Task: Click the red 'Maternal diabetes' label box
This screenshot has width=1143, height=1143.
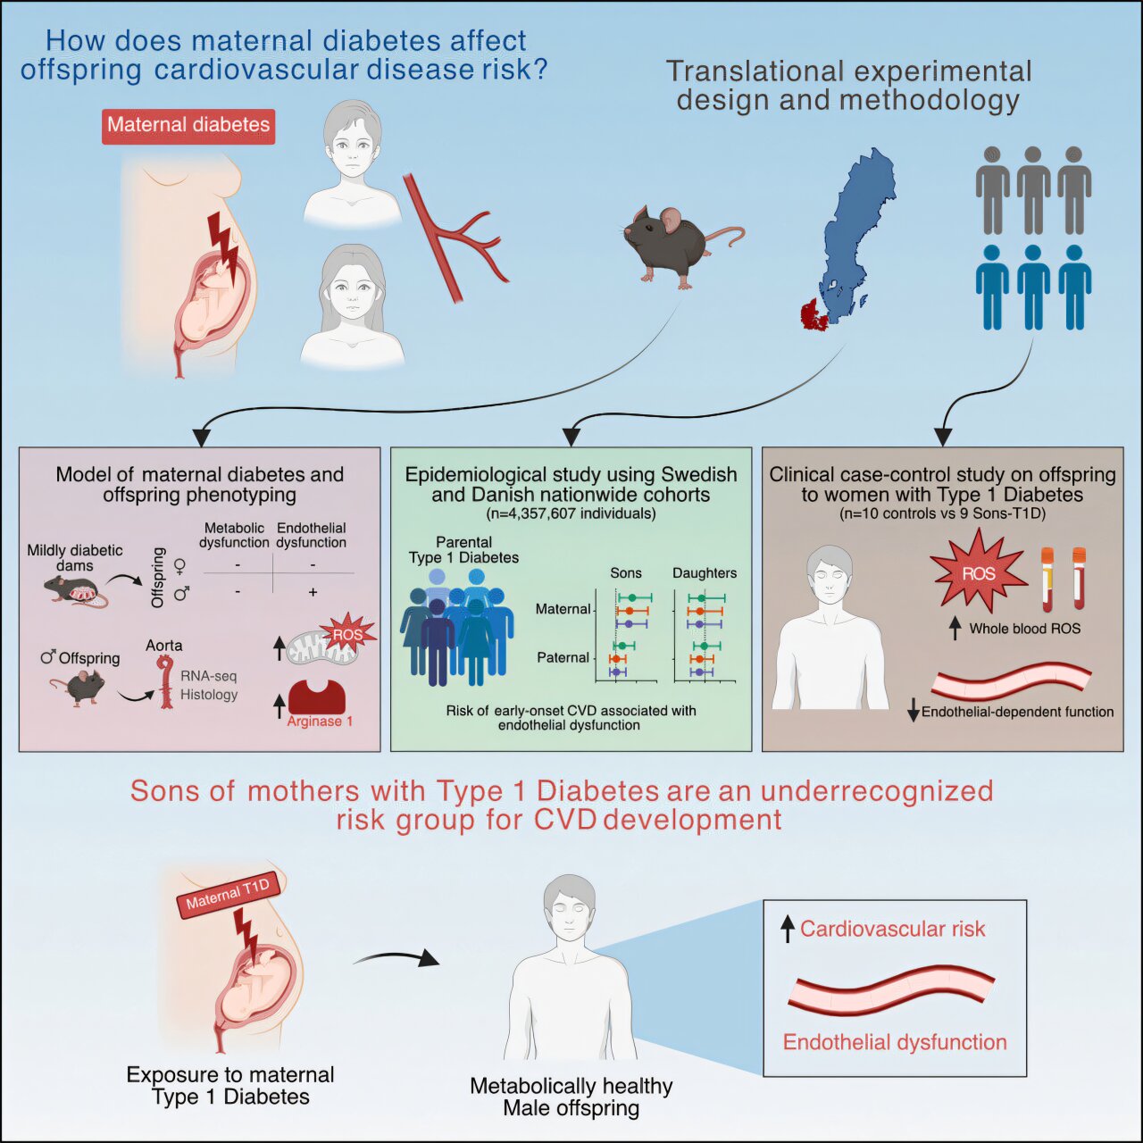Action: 188,125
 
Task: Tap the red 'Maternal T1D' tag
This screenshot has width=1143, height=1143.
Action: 228,894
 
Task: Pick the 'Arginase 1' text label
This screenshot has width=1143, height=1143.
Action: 320,722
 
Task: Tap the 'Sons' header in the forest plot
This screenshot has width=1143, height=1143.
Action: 626,573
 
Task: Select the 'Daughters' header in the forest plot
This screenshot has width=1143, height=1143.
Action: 705,573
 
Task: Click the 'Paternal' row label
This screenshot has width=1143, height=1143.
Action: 563,658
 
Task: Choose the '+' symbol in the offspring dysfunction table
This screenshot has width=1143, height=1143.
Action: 313,592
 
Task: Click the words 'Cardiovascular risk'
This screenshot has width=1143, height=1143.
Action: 892,930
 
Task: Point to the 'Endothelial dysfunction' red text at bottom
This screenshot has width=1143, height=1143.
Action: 895,1042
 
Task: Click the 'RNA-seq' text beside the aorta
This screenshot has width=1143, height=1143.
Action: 209,676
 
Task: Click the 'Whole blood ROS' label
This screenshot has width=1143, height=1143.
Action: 1024,629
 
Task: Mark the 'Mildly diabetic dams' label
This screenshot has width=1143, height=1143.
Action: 75,558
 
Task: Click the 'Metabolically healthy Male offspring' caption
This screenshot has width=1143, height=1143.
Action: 571,1097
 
